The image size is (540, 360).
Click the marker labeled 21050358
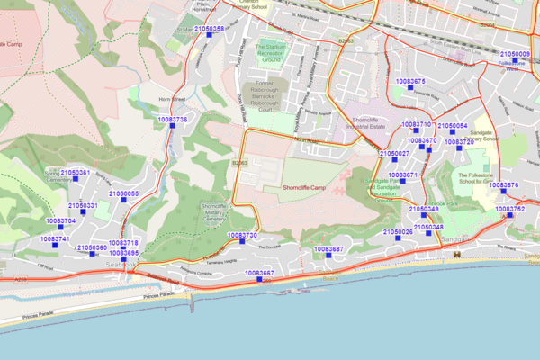(x=208, y=37)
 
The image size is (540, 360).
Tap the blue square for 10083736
(x=172, y=127)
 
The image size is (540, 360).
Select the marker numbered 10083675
(x=409, y=88)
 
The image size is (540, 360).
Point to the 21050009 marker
(x=515, y=61)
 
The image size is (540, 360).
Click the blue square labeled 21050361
(x=76, y=179)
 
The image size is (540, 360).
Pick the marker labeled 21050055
(x=123, y=202)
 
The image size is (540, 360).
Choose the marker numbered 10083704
(x=60, y=229)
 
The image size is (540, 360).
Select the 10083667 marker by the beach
(x=258, y=280)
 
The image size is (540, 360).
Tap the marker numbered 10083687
(x=328, y=256)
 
